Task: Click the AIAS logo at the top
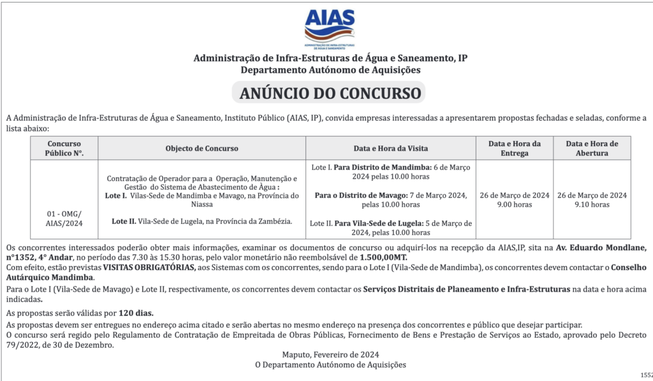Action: [x=330, y=28]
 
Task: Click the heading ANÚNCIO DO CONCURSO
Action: [x=330, y=94]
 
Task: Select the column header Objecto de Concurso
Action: [x=202, y=149]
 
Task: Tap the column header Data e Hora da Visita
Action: [x=391, y=149]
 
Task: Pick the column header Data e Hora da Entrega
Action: [x=515, y=149]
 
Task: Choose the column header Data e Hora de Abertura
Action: [x=592, y=149]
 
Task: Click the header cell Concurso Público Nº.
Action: [x=64, y=149]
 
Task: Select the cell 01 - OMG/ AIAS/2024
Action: [x=64, y=218]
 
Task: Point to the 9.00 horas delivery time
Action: [x=514, y=205]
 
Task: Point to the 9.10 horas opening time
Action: [x=592, y=205]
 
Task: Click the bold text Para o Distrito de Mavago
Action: [x=361, y=195]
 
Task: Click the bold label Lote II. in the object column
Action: [x=124, y=221]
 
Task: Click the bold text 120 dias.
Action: [x=136, y=313]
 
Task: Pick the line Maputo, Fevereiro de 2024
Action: [x=330, y=355]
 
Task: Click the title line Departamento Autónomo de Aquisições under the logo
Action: [x=330, y=70]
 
